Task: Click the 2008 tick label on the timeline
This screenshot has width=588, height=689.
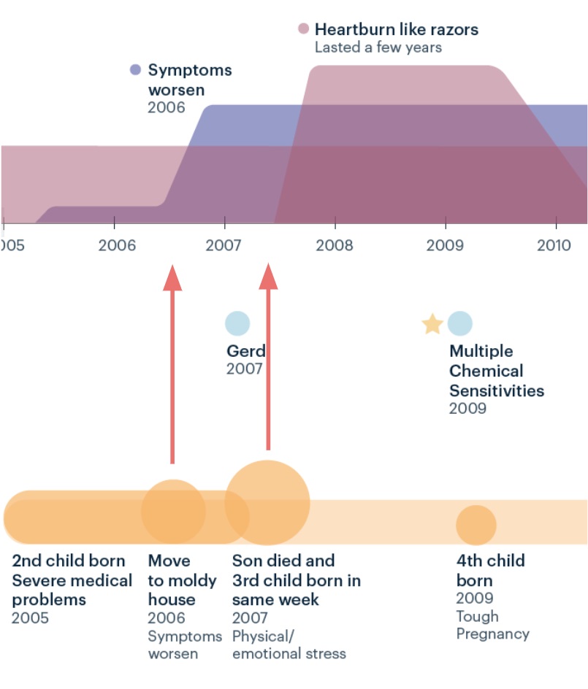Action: [x=335, y=244]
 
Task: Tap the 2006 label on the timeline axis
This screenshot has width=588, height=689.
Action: [x=117, y=244]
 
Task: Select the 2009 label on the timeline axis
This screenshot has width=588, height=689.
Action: [x=445, y=244]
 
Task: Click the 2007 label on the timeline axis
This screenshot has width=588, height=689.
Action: [x=225, y=244]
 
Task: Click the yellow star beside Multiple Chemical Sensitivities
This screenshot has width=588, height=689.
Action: [x=432, y=323]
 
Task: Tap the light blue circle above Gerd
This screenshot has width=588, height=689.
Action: [x=237, y=323]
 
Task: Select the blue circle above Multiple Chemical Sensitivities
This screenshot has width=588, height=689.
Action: [x=459, y=323]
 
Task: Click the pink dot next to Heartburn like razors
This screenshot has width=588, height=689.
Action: [x=304, y=29]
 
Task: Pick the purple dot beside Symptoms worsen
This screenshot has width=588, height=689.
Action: [x=135, y=70]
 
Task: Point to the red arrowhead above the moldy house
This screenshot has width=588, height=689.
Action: [x=172, y=278]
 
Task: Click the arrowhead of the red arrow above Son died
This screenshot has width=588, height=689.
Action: [x=269, y=276]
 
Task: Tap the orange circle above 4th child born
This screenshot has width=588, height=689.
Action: [x=476, y=525]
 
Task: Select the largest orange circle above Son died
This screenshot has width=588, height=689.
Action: [x=267, y=503]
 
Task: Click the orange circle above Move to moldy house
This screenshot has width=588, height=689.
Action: [x=173, y=511]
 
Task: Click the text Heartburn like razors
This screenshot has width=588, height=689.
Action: [x=397, y=29]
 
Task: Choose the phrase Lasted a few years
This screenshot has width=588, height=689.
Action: [x=378, y=47]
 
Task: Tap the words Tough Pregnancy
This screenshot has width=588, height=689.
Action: [x=492, y=625]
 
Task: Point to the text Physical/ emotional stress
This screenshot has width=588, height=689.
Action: [x=289, y=644]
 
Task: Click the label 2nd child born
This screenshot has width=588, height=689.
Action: [x=69, y=561]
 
